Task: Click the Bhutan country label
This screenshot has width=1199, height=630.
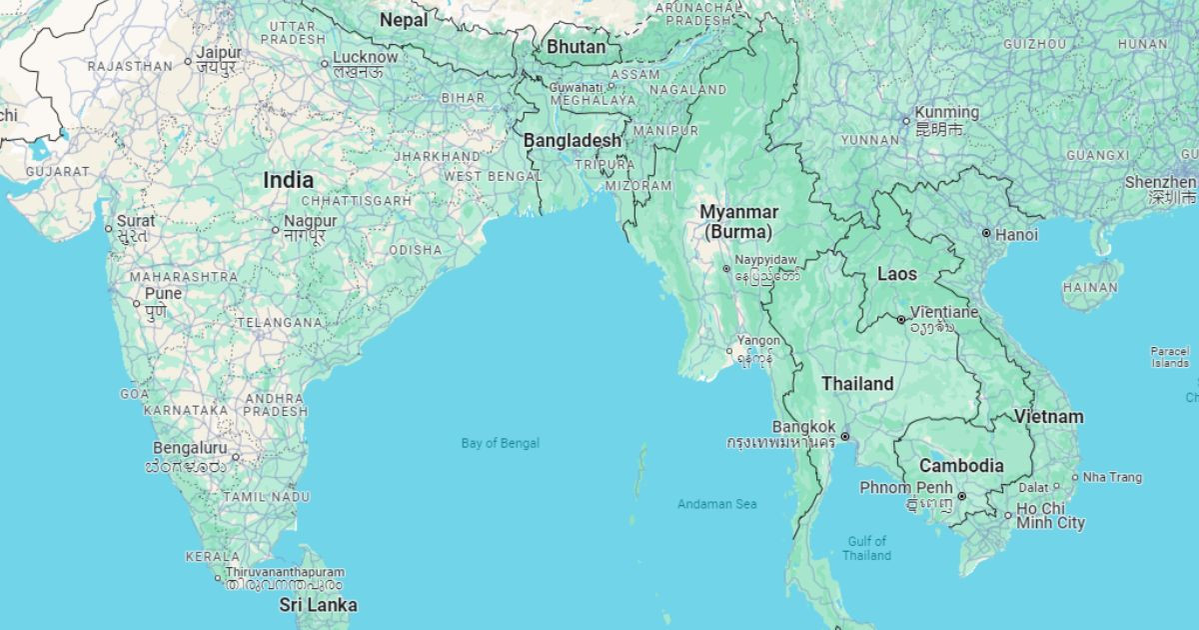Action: pyautogui.click(x=576, y=47)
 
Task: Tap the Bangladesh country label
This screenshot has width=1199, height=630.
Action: pyautogui.click(x=573, y=141)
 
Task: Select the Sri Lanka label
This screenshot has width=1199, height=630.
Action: pyautogui.click(x=318, y=605)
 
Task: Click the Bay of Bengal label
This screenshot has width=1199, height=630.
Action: pyautogui.click(x=500, y=443)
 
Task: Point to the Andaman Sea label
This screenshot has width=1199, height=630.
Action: pyautogui.click(x=716, y=504)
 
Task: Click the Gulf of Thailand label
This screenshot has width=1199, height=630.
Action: pyautogui.click(x=866, y=548)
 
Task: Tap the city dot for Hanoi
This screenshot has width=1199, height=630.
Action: pyautogui.click(x=986, y=233)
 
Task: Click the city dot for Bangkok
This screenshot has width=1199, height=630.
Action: pyautogui.click(x=845, y=436)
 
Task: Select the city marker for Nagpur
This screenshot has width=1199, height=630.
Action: pyautogui.click(x=276, y=230)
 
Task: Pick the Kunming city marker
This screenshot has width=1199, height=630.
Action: pyautogui.click(x=906, y=122)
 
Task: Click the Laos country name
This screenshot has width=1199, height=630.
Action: pyautogui.click(x=896, y=273)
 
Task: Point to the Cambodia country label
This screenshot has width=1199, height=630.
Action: pyautogui.click(x=961, y=466)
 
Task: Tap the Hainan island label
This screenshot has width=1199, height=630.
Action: pyautogui.click(x=1089, y=288)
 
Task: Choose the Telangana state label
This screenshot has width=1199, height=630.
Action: pyautogui.click(x=280, y=323)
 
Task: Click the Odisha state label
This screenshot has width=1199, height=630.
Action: pyautogui.click(x=415, y=250)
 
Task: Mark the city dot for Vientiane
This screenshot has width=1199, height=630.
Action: pyautogui.click(x=901, y=320)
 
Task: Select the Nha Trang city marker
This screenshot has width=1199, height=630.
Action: pyautogui.click(x=1075, y=477)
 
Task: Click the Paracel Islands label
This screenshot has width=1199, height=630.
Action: pyautogui.click(x=1170, y=357)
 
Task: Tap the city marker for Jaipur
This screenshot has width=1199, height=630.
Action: pyautogui.click(x=188, y=62)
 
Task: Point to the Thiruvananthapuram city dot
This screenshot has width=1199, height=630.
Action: pyautogui.click(x=218, y=578)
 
